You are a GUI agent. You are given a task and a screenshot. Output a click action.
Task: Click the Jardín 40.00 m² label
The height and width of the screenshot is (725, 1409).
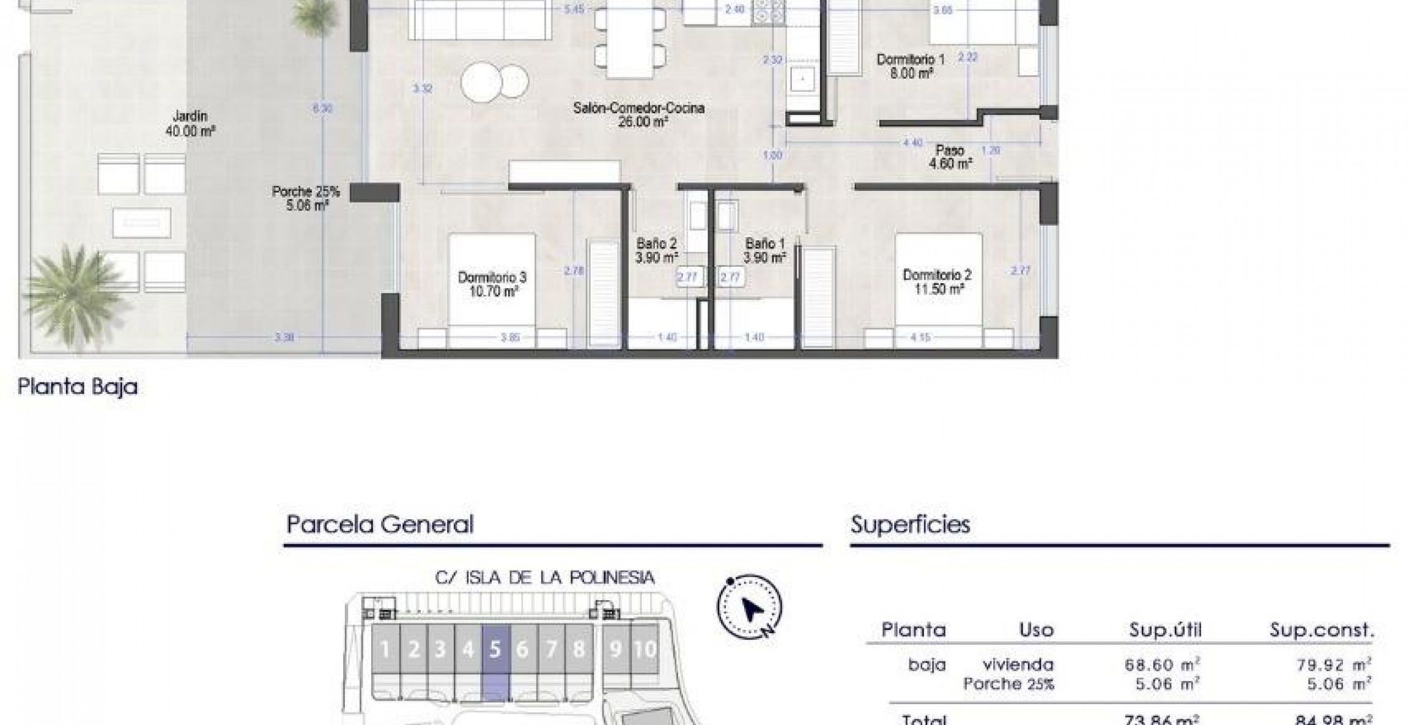click(x=190, y=123)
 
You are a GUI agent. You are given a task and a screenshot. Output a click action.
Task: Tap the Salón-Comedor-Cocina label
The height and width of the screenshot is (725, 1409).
click(x=638, y=114)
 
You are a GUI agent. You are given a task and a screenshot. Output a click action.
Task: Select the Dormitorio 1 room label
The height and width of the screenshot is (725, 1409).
click(x=911, y=67)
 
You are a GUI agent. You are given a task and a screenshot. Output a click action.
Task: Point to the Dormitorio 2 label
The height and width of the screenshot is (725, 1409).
click(x=937, y=282)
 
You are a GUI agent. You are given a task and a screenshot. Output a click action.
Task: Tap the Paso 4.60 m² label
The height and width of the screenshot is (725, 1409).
click(x=950, y=157)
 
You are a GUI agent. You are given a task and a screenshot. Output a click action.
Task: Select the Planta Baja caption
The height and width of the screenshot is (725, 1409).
click(x=78, y=387)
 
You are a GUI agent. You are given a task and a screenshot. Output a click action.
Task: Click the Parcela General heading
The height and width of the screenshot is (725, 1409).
click(x=380, y=525)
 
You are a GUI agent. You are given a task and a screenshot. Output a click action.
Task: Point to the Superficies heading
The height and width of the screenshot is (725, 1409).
click(x=910, y=525)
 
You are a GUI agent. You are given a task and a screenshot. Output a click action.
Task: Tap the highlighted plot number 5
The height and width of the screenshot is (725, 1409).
click(x=495, y=649)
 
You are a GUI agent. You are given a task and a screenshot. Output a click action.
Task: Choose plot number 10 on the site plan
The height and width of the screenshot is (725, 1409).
click(x=645, y=649)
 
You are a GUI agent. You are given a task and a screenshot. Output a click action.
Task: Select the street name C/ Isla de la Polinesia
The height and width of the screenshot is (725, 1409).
click(x=545, y=578)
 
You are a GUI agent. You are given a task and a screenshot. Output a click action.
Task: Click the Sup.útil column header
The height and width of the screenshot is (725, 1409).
click(x=1165, y=630)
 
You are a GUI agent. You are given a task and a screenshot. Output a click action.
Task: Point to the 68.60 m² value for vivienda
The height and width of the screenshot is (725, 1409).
click(x=1162, y=664)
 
